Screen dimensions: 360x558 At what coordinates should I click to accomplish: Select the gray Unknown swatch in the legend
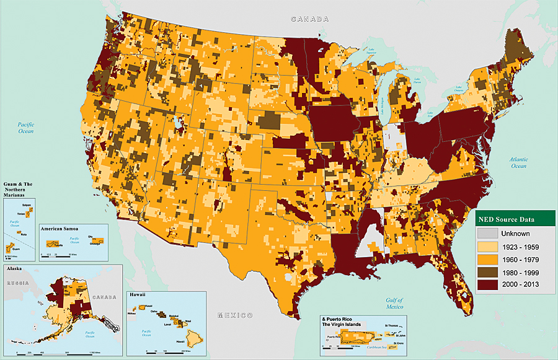pyautogui.click(x=487, y=234)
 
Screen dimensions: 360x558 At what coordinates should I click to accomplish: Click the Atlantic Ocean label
pyautogui.click(x=518, y=162)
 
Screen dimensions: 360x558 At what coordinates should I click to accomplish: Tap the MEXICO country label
pyautogui.click(x=234, y=315)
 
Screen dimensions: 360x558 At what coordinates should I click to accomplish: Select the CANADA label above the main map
pyautogui.click(x=310, y=19)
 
